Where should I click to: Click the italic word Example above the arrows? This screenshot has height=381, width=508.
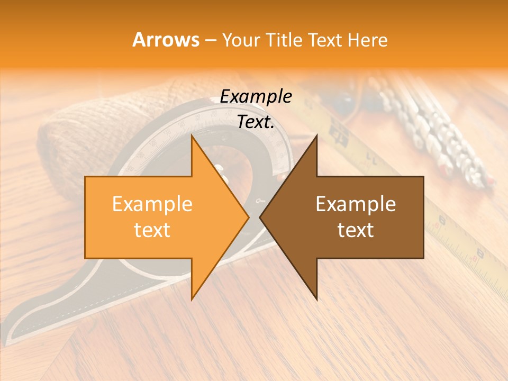click(x=256, y=96)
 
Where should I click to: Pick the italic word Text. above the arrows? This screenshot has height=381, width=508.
click(x=256, y=122)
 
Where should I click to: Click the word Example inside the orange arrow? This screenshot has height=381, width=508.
click(x=152, y=204)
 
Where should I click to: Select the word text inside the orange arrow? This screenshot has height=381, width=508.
click(x=152, y=230)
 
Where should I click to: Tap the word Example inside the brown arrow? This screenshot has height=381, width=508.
click(x=356, y=204)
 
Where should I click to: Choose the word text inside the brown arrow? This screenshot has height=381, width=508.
click(x=356, y=230)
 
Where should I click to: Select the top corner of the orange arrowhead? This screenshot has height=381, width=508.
click(x=192, y=136)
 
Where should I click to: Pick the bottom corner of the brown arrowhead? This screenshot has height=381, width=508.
click(x=316, y=299)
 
